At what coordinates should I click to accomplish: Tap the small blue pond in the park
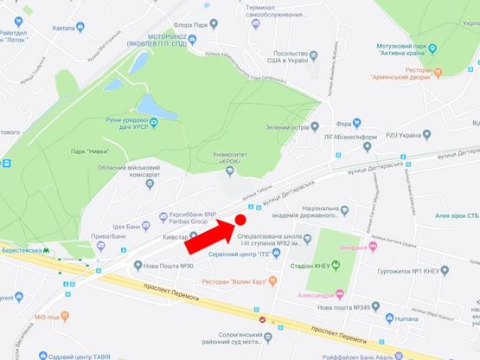click(149, 106)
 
